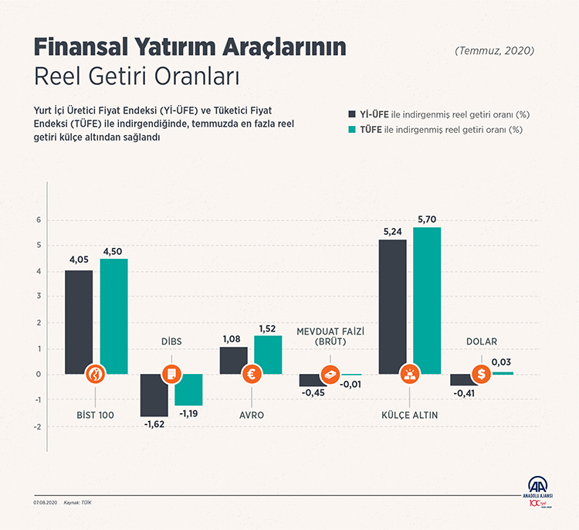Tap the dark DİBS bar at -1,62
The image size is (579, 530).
[x=154, y=395]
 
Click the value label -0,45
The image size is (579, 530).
[x=312, y=392]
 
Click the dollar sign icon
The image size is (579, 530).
[x=482, y=375]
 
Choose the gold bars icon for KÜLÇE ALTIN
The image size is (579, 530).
[x=408, y=375]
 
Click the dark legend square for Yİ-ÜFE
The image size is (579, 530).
[x=353, y=114]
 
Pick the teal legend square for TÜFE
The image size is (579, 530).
[x=353, y=129]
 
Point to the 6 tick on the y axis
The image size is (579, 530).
[x=37, y=220]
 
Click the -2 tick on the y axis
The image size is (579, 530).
[x=36, y=426]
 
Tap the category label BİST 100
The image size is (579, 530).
[x=96, y=415]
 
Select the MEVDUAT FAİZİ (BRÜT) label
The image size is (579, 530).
[x=330, y=337]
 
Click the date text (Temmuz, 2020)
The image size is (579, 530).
[x=495, y=51]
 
